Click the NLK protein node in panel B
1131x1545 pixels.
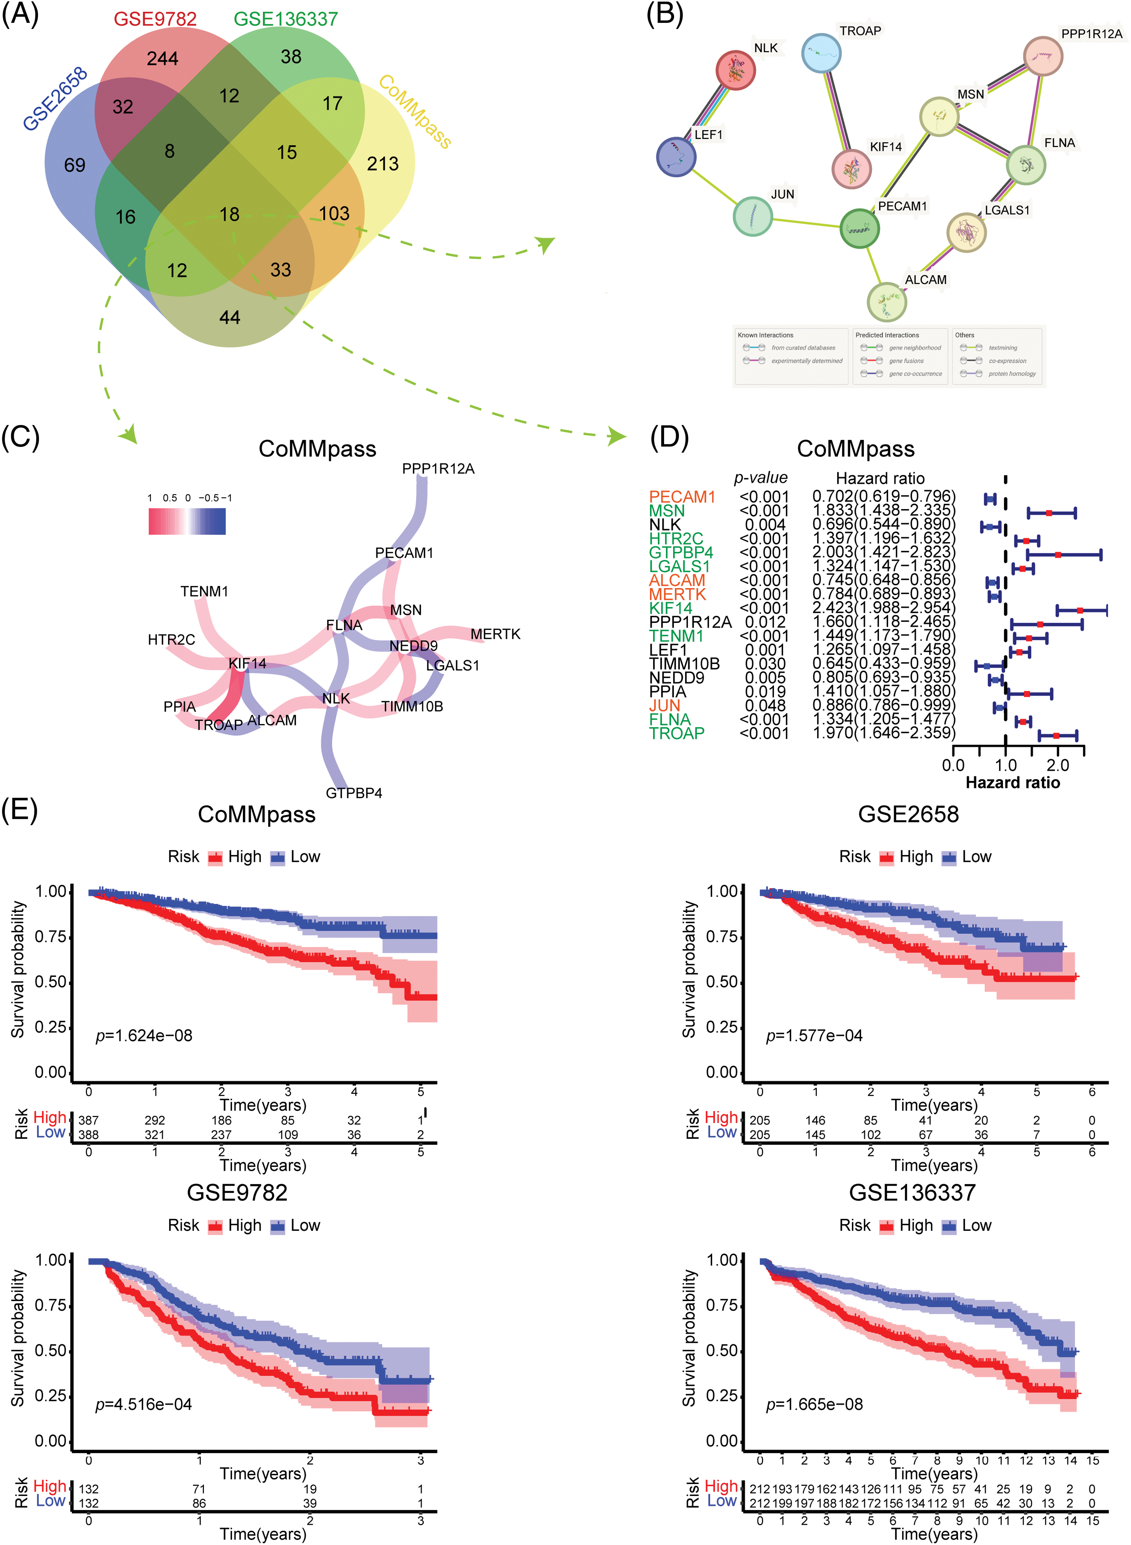coord(735,70)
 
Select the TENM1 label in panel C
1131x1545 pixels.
coord(204,591)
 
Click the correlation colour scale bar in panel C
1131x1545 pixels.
coord(187,520)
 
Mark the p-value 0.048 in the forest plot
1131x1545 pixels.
coord(765,705)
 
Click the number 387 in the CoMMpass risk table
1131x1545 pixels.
coord(88,1121)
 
